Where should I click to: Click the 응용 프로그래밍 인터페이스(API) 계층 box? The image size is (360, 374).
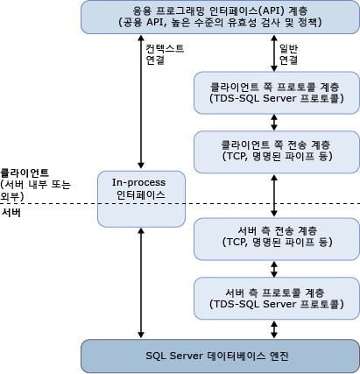220,16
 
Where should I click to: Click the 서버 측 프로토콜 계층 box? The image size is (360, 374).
276,297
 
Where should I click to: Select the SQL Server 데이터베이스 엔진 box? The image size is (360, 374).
220,355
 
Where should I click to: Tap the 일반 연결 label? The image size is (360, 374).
289,55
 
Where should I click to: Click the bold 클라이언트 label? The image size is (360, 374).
25,173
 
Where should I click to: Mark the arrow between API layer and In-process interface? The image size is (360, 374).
141,101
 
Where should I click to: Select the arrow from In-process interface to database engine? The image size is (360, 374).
141,276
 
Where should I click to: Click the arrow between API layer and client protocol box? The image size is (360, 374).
276,52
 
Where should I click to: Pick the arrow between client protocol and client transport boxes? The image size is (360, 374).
276,123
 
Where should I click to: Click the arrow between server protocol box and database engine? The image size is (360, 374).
276,328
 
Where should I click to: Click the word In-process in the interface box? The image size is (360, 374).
141,182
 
